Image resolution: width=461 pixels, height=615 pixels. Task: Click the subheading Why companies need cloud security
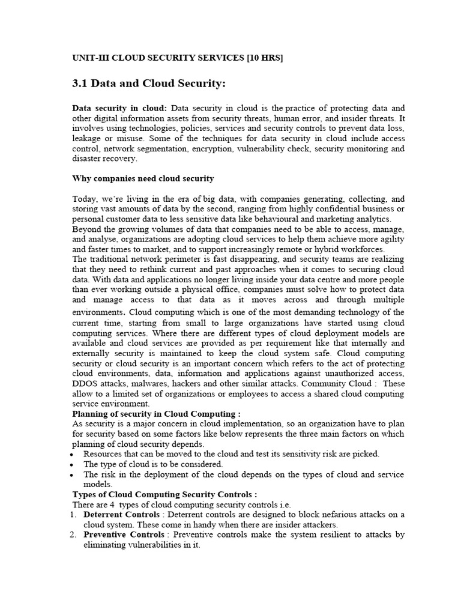143,178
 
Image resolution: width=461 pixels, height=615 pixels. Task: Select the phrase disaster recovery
104,159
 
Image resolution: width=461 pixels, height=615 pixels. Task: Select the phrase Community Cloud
337,384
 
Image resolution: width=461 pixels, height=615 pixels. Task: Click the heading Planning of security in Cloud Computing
156,414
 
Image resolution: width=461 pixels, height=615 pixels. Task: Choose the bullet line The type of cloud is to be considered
153,464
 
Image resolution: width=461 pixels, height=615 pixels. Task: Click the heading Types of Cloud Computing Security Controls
164,494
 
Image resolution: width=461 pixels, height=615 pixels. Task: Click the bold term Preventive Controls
124,535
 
